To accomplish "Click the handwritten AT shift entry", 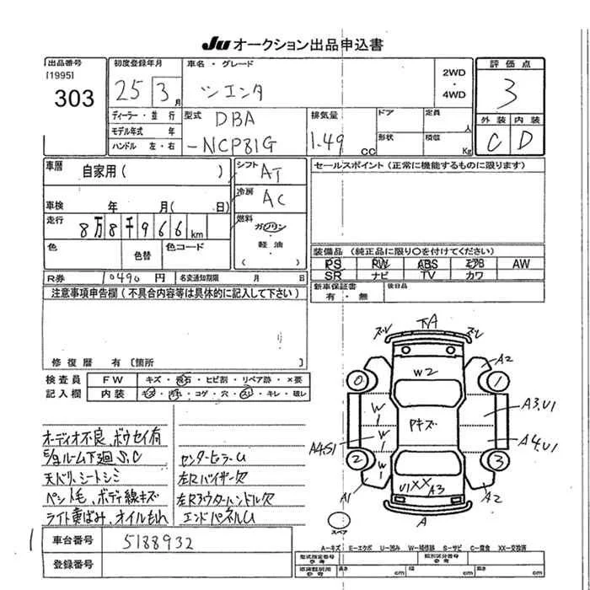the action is click(x=269, y=172).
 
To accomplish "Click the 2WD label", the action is click(x=453, y=72).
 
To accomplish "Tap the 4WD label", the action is click(x=453, y=95).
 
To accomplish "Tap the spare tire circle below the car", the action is click(x=344, y=519).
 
